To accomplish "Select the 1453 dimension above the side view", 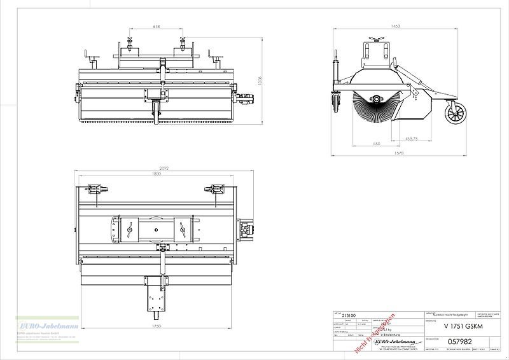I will (396, 27).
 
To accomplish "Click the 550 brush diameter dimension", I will (376, 144).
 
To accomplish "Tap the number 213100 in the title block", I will (349, 314).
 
